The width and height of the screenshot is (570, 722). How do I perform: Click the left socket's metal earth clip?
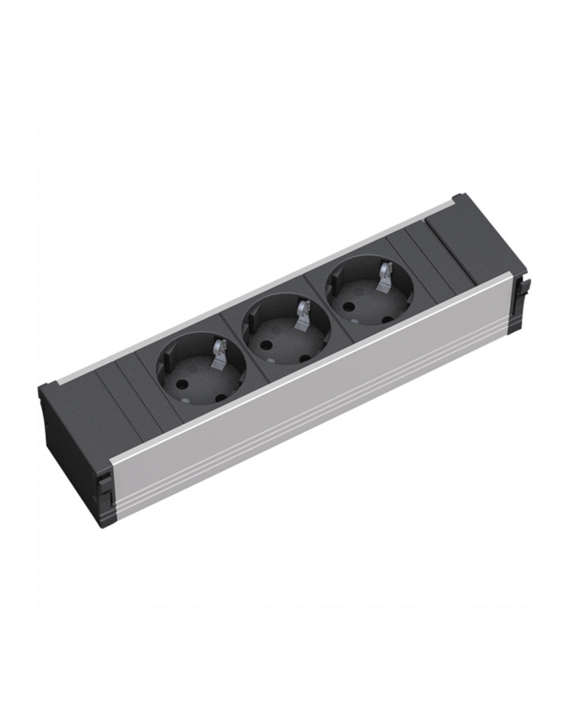218,351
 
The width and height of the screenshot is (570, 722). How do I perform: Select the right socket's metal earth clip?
384,275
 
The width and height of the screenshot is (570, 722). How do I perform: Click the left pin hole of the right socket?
349,308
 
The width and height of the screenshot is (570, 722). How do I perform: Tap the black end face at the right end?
520,298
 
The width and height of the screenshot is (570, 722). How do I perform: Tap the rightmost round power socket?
369,290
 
